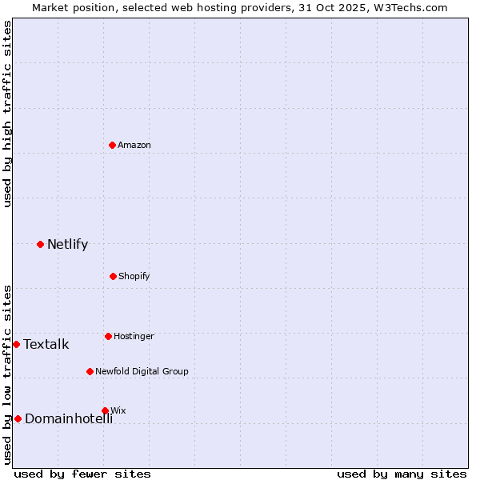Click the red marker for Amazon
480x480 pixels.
tap(113, 145)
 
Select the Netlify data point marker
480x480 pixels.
tap(40, 244)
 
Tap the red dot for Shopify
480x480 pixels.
tap(113, 276)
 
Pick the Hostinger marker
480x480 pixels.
tap(108, 336)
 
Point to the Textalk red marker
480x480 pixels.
tap(16, 344)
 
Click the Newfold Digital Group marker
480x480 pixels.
tap(90, 371)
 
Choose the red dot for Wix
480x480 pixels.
tap(105, 410)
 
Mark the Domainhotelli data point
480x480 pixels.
tap(18, 418)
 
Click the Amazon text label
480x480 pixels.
tap(134, 145)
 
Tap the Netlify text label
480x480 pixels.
tap(67, 244)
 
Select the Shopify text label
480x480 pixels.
tap(134, 276)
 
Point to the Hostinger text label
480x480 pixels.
tap(134, 336)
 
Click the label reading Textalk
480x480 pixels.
tap(46, 345)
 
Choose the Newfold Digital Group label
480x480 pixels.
tap(142, 371)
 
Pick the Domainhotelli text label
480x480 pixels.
tap(69, 418)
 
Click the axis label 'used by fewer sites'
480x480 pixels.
tap(82, 474)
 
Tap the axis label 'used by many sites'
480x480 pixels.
tap(402, 474)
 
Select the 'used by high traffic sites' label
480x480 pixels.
tap(7, 114)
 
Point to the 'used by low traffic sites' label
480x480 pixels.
tap(7, 374)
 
